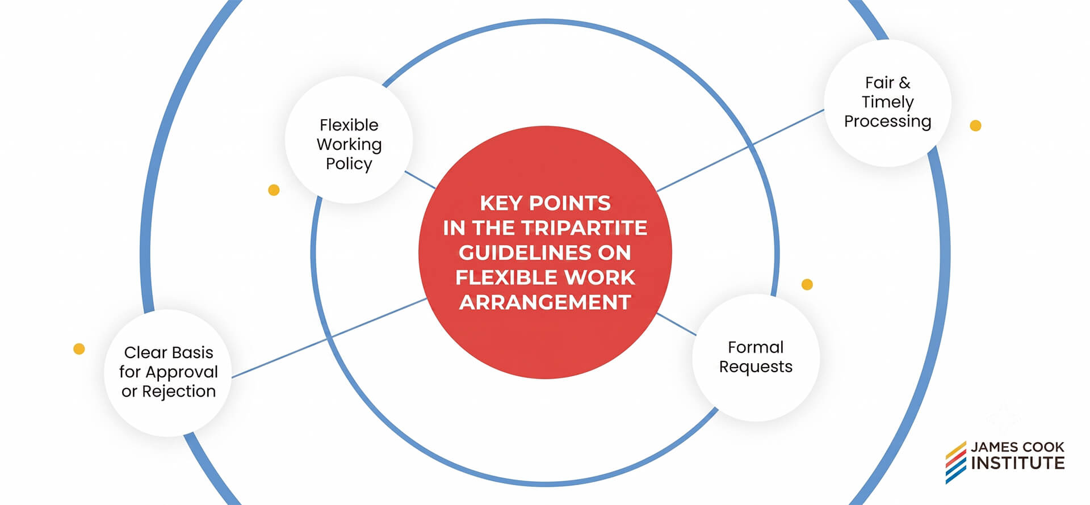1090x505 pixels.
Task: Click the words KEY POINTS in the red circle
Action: click(545, 203)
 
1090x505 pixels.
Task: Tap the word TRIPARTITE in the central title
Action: click(584, 228)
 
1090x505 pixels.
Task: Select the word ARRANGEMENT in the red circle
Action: click(545, 302)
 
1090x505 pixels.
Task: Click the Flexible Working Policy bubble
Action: click(349, 140)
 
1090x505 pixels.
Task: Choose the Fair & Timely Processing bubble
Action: click(887, 103)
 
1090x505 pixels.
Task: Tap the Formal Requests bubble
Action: click(756, 357)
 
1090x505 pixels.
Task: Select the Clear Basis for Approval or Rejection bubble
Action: click(168, 373)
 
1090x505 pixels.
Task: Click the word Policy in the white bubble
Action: click(349, 164)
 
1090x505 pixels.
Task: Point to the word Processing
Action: click(887, 122)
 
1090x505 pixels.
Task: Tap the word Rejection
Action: click(179, 392)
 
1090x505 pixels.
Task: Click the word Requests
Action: click(756, 367)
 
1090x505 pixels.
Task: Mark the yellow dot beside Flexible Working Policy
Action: click(274, 190)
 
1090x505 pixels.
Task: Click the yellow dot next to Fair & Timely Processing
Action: click(975, 125)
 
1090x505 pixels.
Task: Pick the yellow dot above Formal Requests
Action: click(807, 284)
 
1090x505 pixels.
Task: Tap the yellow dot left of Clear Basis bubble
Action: click(79, 348)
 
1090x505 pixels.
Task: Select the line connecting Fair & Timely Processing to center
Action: click(740, 150)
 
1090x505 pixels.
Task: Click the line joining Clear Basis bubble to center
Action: click(329, 338)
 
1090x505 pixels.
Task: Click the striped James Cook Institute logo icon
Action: click(955, 462)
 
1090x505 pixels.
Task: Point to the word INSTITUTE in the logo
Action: click(1017, 463)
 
